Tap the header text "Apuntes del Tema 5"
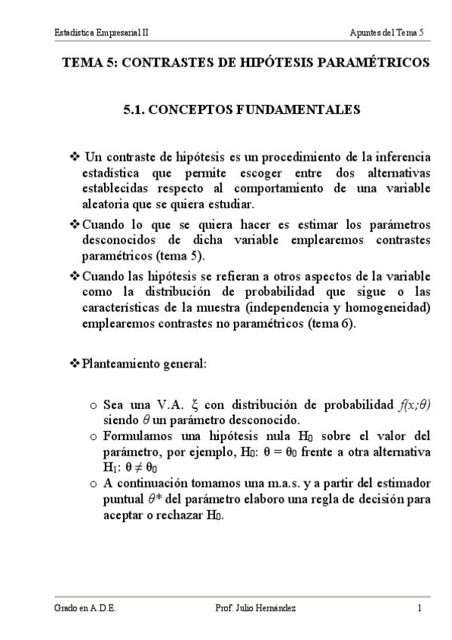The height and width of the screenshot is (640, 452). click(x=386, y=32)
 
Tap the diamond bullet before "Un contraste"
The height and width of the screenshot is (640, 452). click(x=74, y=157)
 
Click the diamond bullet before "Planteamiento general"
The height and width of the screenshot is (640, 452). click(x=74, y=364)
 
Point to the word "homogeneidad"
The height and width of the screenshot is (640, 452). click(x=389, y=309)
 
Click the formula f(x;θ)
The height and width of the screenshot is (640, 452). click(x=414, y=404)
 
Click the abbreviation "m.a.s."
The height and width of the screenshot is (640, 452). click(x=281, y=484)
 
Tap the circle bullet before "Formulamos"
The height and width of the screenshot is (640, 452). click(x=92, y=436)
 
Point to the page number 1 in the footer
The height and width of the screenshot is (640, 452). click(x=419, y=608)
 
